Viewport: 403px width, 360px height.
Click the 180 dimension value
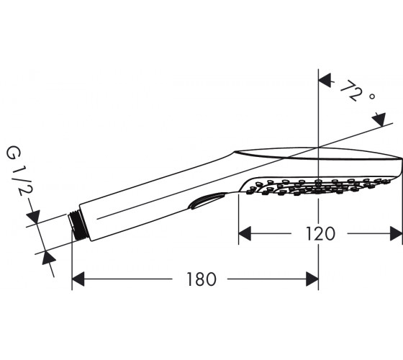201,279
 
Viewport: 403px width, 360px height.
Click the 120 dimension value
320,234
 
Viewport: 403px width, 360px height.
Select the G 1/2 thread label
19,171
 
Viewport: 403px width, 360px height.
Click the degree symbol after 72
372,96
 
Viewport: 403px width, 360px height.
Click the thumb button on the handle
207,201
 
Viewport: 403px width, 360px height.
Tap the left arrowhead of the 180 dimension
78,279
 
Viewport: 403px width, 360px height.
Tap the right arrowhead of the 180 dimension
312,279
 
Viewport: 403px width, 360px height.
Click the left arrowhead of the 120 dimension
245,233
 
